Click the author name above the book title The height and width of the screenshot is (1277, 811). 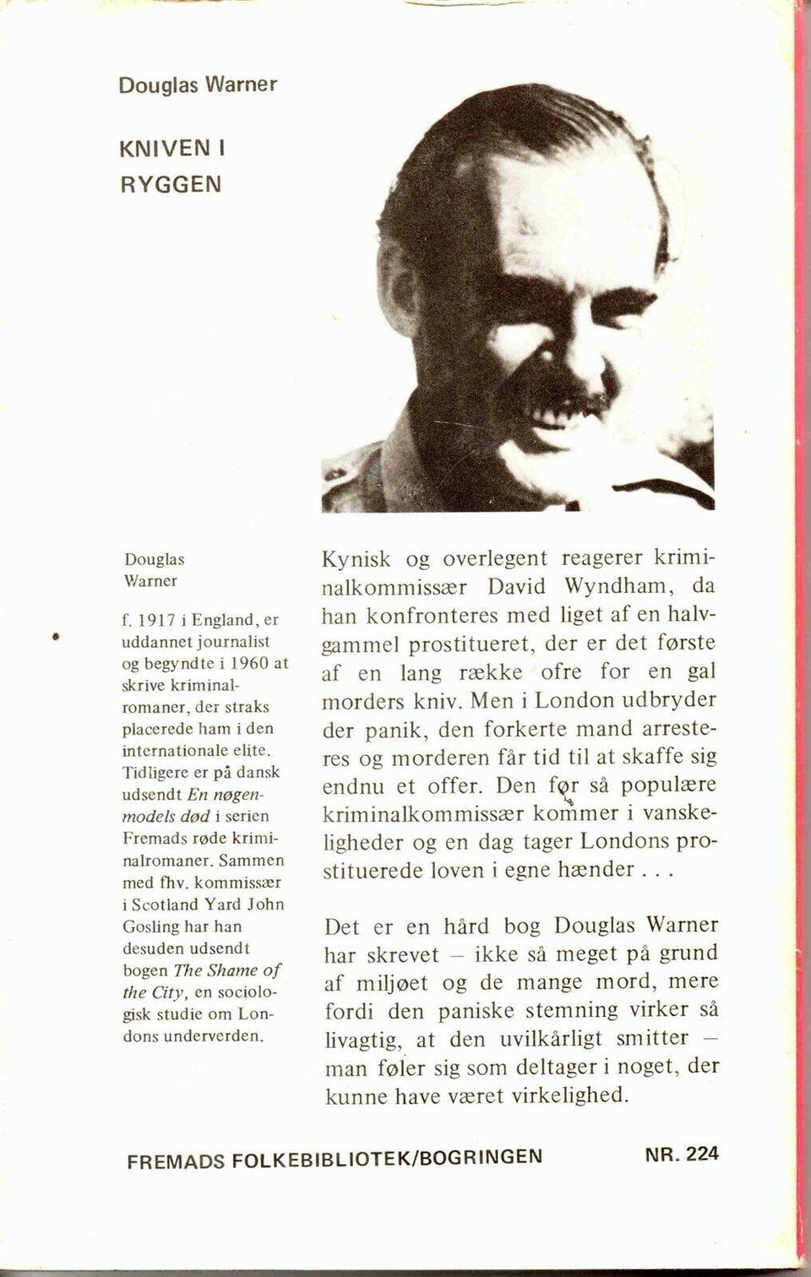coord(198,85)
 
